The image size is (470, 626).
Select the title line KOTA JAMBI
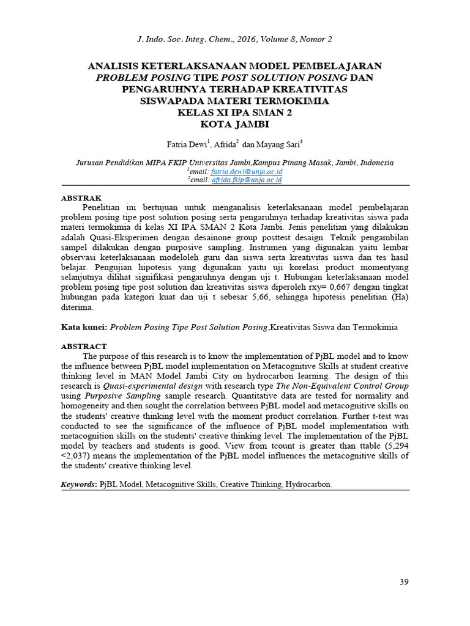234,124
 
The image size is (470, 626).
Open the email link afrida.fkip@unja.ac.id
245,180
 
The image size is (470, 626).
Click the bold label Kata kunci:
84,327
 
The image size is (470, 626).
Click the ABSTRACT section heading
84,346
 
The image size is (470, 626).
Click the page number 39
403,581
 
